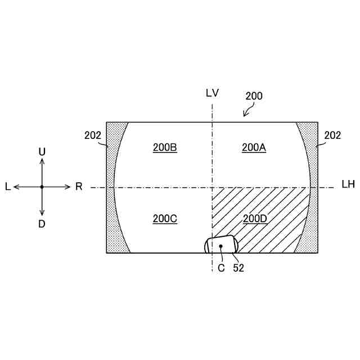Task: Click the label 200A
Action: point(254,147)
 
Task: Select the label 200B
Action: point(165,147)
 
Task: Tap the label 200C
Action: point(165,219)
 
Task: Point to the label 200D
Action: point(254,218)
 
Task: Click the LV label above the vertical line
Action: point(212,93)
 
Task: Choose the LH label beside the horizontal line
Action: point(348,185)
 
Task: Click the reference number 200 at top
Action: point(254,96)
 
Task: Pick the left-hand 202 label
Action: point(93,135)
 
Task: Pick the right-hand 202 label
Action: point(332,135)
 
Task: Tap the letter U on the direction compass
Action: point(42,152)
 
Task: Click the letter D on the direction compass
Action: point(42,224)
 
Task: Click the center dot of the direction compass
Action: point(42,187)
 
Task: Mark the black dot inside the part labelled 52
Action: point(221,246)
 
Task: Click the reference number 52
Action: point(238,268)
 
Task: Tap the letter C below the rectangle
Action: point(221,268)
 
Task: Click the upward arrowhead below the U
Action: point(42,161)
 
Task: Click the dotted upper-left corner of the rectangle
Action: point(113,132)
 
